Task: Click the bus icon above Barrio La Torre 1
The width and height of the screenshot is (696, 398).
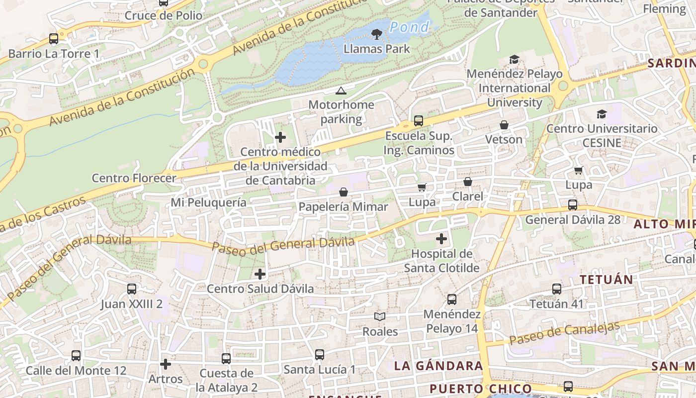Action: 53,38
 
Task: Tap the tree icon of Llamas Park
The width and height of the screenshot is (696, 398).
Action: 377,34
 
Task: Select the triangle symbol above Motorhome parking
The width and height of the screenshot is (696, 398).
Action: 341,91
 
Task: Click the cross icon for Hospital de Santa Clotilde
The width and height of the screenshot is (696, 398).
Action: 441,239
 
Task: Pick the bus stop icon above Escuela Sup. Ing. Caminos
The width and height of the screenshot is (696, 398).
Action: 419,121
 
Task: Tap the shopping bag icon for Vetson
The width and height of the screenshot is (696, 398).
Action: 504,125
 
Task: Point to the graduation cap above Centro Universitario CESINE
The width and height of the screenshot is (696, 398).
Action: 602,114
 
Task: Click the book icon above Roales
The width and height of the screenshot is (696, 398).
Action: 380,317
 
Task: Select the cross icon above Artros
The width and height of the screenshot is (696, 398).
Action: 166,365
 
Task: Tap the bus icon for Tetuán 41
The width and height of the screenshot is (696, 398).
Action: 557,289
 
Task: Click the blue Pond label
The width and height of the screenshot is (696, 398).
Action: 409,27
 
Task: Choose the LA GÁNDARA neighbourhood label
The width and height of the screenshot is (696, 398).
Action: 438,366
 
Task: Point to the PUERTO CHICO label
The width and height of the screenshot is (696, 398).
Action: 480,389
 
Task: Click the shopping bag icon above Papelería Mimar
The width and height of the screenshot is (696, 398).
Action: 344,192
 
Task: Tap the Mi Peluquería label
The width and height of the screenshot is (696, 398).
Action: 208,202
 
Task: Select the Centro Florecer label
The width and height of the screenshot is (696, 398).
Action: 134,178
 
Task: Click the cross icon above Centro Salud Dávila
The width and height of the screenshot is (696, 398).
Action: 260,274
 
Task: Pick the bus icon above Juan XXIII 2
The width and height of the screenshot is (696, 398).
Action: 132,289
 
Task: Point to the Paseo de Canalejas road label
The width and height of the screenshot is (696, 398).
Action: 564,333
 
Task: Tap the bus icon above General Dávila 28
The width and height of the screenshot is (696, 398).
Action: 573,204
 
